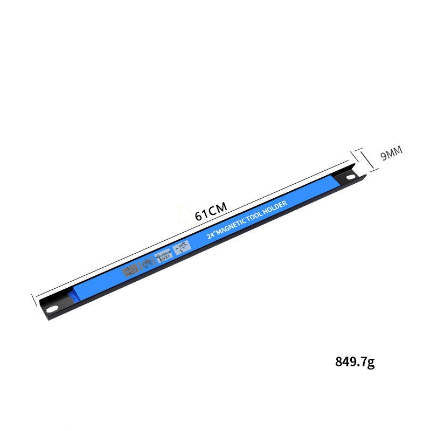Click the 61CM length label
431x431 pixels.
tap(211, 211)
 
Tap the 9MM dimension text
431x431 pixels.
tap(391, 153)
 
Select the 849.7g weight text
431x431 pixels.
tap(355, 362)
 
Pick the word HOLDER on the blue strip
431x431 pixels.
tap(275, 207)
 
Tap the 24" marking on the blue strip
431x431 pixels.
tap(211, 235)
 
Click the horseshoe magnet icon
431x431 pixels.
tap(130, 271)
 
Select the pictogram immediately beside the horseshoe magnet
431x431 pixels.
tap(147, 263)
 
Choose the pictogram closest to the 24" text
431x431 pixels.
tap(182, 248)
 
